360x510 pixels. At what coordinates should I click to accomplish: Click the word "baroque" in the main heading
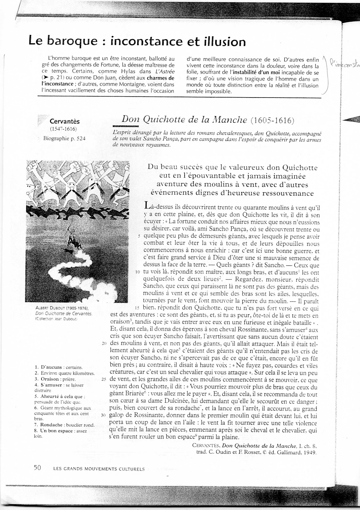[66, 42]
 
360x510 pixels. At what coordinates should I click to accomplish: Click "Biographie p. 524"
[64, 138]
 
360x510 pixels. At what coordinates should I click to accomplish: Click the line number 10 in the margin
[138, 273]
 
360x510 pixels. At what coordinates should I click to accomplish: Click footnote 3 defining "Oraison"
[55, 379]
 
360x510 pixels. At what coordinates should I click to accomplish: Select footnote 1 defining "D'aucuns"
[58, 367]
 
